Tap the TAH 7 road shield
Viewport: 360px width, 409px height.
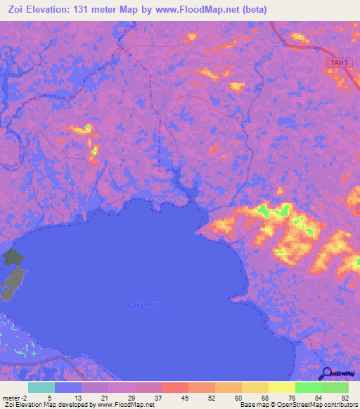pyautogui.click(x=337, y=63)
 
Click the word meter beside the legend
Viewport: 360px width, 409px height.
pyautogui.click(x=12, y=397)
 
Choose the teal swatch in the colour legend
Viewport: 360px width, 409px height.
pyautogui.click(x=41, y=387)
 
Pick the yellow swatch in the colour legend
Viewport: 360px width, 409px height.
pyautogui.click(x=282, y=387)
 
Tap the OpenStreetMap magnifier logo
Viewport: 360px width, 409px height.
pyautogui.click(x=327, y=374)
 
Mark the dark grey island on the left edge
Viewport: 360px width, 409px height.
pyautogui.click(x=12, y=274)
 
